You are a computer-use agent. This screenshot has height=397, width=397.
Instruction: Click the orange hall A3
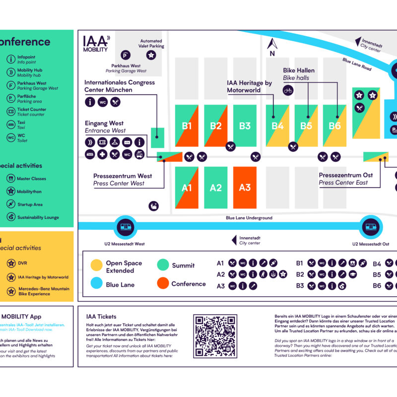point(245,187)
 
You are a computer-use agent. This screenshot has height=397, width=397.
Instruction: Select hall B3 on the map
point(245,126)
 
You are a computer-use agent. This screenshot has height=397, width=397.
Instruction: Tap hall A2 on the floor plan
point(215,187)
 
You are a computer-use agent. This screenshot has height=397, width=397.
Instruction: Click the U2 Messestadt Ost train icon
point(370,228)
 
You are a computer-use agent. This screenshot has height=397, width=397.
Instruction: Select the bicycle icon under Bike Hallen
point(287,90)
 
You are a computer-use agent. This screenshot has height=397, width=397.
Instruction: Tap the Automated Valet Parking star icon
point(151,56)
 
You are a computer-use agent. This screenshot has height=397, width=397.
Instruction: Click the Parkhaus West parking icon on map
point(127,56)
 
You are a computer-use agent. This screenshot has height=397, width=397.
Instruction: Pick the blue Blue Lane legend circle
point(96,285)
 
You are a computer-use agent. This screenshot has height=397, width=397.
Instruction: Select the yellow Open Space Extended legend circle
point(96,266)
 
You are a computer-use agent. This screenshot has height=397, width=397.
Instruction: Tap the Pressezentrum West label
point(123,176)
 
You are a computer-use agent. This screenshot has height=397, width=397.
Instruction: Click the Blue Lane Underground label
point(249,218)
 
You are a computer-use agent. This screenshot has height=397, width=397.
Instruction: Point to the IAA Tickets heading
point(101,316)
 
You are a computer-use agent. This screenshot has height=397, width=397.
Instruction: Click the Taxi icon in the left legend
point(10,124)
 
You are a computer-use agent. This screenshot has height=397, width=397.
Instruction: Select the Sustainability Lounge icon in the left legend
point(10,217)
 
